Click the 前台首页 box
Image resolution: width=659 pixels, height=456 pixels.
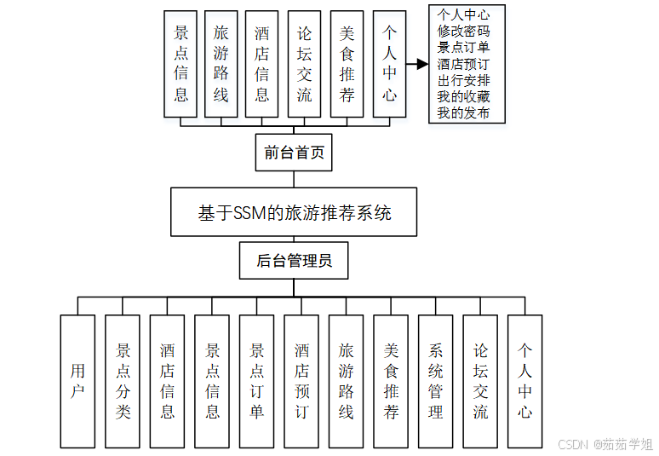294,153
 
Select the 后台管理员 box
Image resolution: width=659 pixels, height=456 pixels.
294,261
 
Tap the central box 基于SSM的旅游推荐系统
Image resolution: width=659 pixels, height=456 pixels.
294,212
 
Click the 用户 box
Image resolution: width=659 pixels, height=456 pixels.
77,381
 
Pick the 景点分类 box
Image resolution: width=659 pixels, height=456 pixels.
123,381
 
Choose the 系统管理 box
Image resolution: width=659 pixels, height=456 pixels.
435,381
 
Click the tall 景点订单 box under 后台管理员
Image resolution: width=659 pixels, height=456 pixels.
256,381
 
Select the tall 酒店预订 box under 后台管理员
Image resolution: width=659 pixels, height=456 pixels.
301,381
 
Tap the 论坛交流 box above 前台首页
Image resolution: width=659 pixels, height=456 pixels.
304,64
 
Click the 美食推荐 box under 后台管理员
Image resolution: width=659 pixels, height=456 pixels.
391,381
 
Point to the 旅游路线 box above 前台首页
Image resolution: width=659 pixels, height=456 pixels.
221,64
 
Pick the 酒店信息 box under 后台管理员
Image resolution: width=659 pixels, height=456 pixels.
167,381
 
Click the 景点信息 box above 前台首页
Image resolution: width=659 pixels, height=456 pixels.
181,64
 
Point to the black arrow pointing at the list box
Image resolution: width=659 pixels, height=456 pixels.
416,64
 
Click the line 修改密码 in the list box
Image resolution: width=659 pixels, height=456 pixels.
463,31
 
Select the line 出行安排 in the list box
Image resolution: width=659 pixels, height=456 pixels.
463,80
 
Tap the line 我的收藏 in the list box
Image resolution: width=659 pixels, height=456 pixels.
463,96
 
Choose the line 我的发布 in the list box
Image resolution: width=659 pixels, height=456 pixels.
463,113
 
